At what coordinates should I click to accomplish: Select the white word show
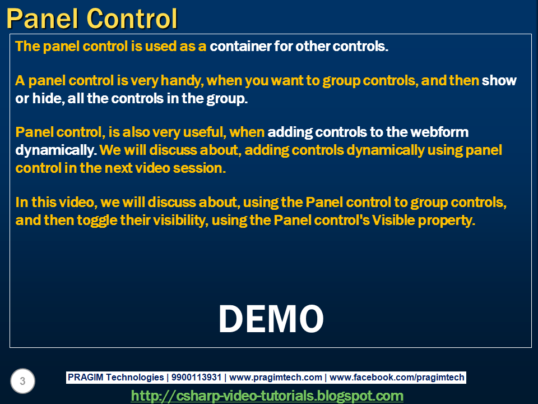[x=499, y=81]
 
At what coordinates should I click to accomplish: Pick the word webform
[x=439, y=132]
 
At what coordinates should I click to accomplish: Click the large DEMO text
[x=271, y=319]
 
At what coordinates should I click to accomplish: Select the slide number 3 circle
[x=22, y=382]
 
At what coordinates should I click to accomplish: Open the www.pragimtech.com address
[x=276, y=378]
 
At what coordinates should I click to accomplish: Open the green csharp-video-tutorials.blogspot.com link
[x=267, y=396]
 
